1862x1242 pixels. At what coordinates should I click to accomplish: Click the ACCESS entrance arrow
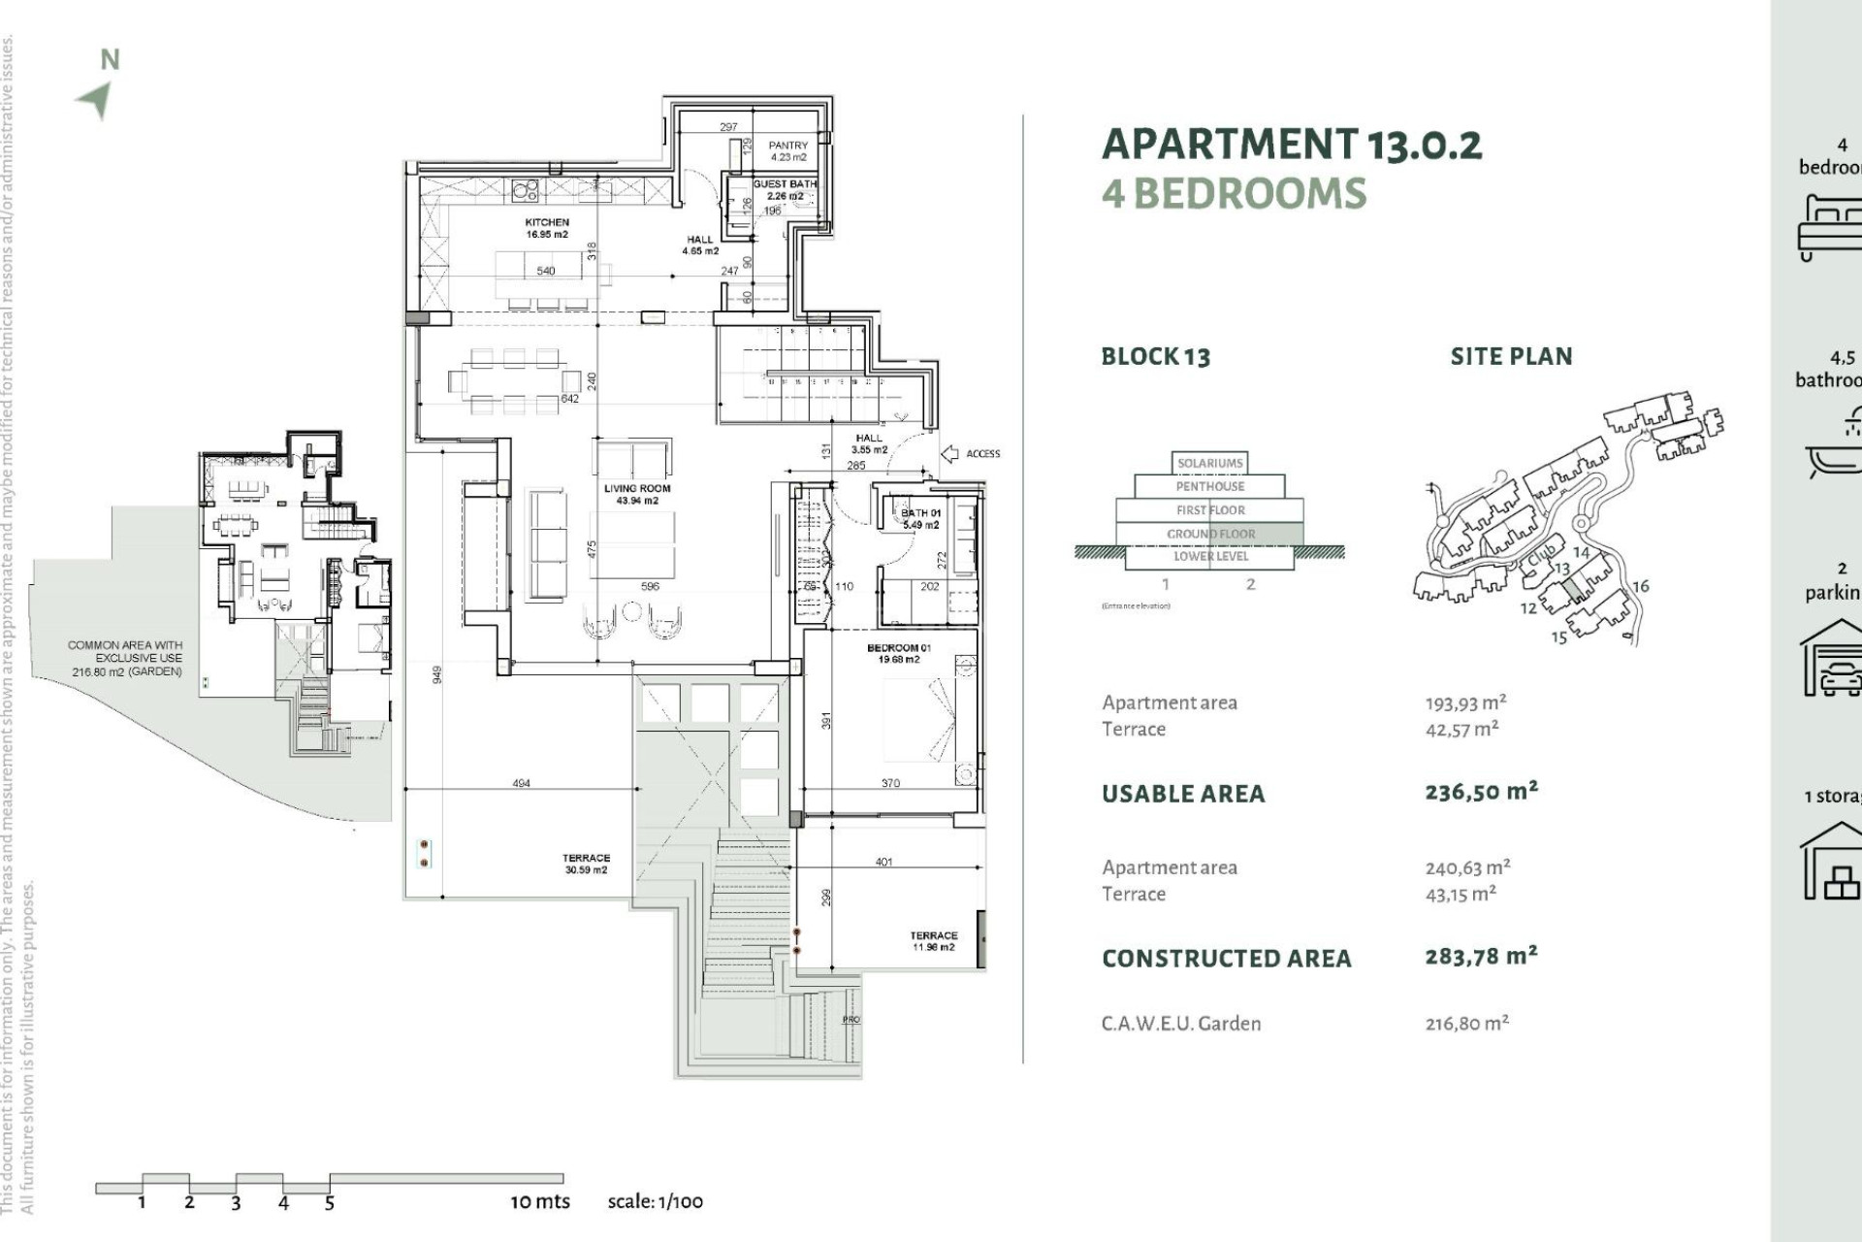click(950, 453)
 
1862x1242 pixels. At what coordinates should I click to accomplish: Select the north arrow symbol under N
click(96, 100)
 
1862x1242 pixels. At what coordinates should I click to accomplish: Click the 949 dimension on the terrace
click(437, 673)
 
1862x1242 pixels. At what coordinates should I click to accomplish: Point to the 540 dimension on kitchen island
click(546, 271)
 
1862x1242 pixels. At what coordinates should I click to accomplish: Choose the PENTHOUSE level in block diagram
click(1209, 486)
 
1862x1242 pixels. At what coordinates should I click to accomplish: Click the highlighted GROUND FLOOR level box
click(1210, 534)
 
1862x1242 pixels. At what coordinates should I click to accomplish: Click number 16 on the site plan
click(1640, 586)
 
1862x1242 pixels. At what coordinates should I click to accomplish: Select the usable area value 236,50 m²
click(1481, 792)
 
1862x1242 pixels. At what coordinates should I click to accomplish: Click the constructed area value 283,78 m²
click(1481, 957)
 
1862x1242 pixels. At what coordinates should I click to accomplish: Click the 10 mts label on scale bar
click(540, 1201)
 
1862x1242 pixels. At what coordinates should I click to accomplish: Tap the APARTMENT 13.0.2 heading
click(1292, 145)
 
